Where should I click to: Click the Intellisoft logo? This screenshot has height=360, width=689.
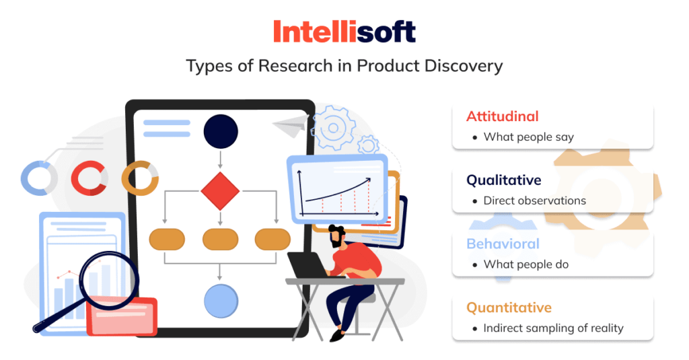[344, 31]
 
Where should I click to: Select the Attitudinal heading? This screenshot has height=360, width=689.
[502, 116]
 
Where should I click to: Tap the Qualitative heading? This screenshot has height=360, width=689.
[503, 180]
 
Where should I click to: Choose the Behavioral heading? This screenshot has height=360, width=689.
[503, 244]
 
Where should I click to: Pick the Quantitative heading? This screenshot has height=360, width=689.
[509, 308]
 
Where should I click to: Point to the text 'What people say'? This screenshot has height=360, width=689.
[528, 137]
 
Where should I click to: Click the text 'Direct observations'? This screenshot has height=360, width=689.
[534, 201]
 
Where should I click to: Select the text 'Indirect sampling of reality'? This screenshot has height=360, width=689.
[553, 328]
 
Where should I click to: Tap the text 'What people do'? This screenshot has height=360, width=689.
[525, 264]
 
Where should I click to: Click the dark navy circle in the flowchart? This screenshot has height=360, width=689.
[221, 131]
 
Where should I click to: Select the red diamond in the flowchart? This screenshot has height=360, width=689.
[220, 190]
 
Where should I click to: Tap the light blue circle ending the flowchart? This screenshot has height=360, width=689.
[221, 301]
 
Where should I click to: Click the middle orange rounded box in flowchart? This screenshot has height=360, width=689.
[220, 239]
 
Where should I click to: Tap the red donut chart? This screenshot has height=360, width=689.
[89, 178]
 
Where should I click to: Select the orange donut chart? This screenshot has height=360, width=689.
[139, 178]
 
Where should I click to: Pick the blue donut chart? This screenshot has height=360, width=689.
[38, 178]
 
